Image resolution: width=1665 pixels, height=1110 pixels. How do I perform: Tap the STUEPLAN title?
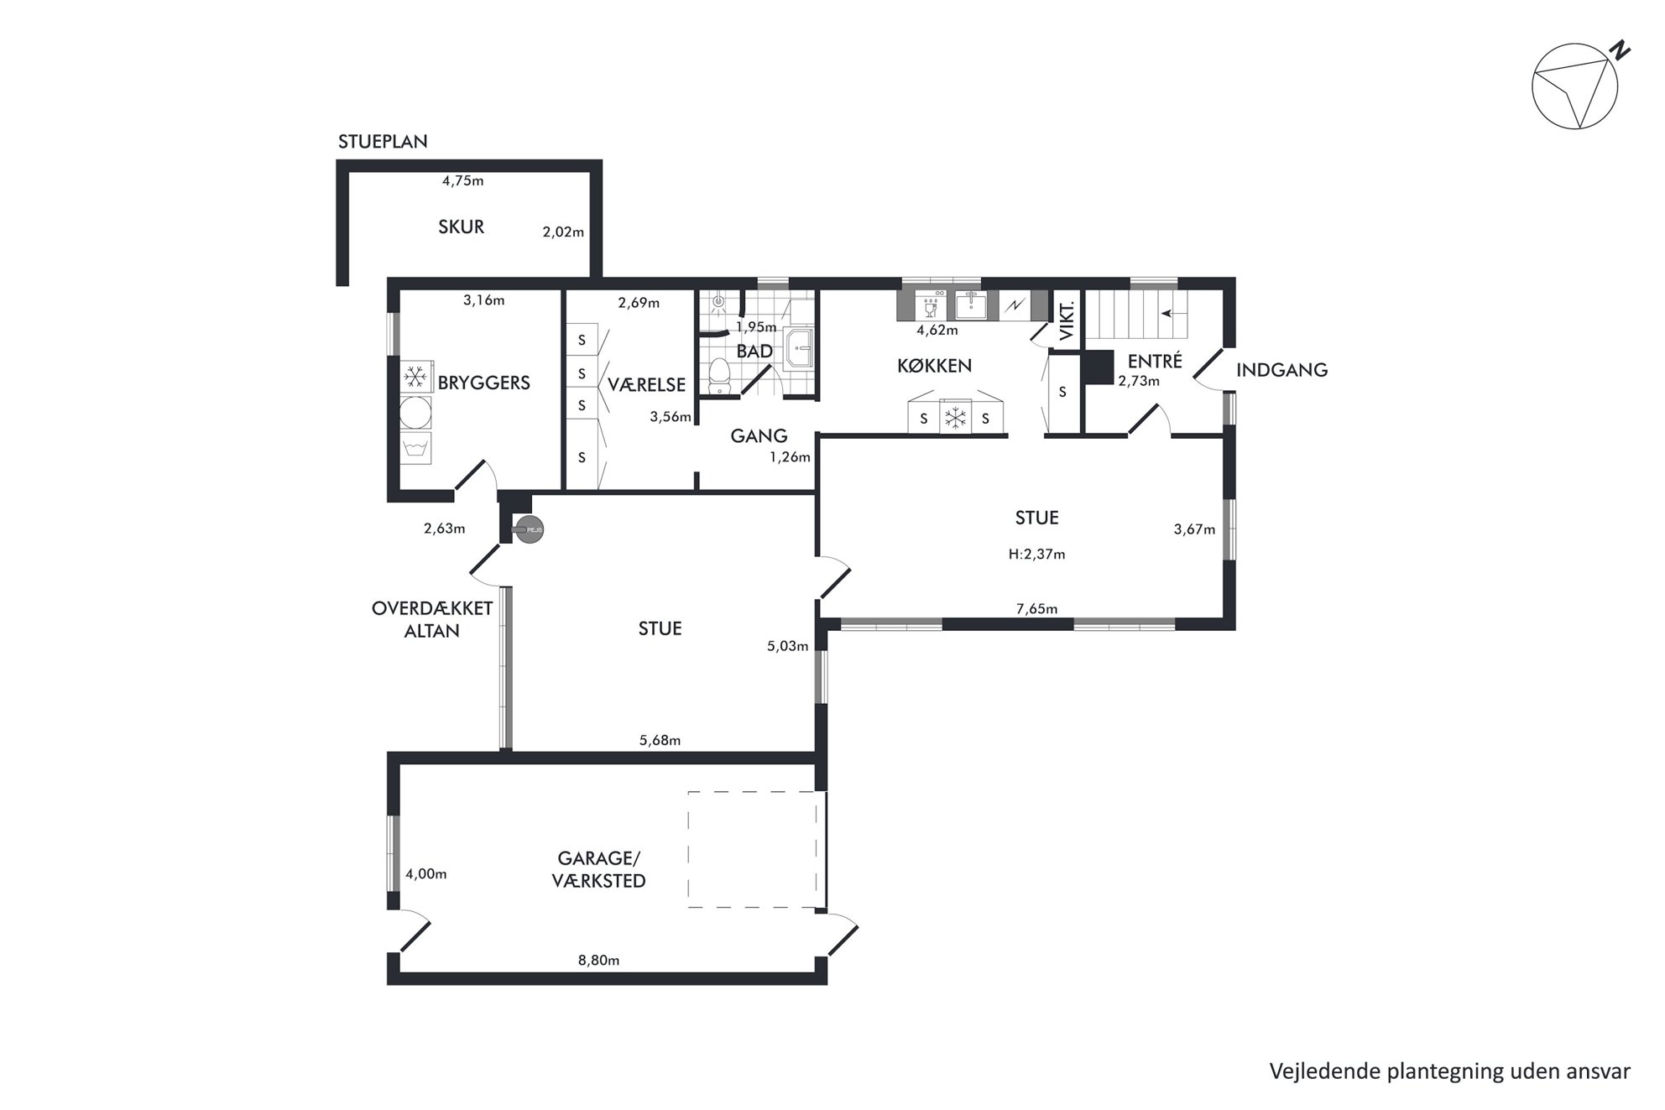[x=383, y=142]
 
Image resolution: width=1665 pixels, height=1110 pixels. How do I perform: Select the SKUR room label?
[x=462, y=227]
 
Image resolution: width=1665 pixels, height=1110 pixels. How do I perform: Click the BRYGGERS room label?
[x=484, y=383]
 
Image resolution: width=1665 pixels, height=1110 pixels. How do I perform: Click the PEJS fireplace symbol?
[x=529, y=530]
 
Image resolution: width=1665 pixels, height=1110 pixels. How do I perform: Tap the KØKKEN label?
[x=935, y=366]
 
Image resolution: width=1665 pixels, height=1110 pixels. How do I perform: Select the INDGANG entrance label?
[x=1281, y=370]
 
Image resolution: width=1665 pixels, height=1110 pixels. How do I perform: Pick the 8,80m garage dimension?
[x=598, y=961]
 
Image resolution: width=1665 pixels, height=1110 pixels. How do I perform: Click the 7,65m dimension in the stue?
[x=1036, y=609]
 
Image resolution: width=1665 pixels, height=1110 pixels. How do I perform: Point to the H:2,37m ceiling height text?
[x=1036, y=555]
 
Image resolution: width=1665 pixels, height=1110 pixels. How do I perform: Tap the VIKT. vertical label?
[x=1067, y=320]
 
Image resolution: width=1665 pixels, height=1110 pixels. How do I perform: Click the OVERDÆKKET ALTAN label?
[x=432, y=620]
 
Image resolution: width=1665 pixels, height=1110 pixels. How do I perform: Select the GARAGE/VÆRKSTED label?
[x=599, y=870]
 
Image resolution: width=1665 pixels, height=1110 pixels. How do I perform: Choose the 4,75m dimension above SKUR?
[x=463, y=180]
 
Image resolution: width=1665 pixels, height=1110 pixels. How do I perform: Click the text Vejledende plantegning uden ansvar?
[x=1449, y=1071]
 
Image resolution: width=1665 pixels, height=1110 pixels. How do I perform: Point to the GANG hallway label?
[x=759, y=436]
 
